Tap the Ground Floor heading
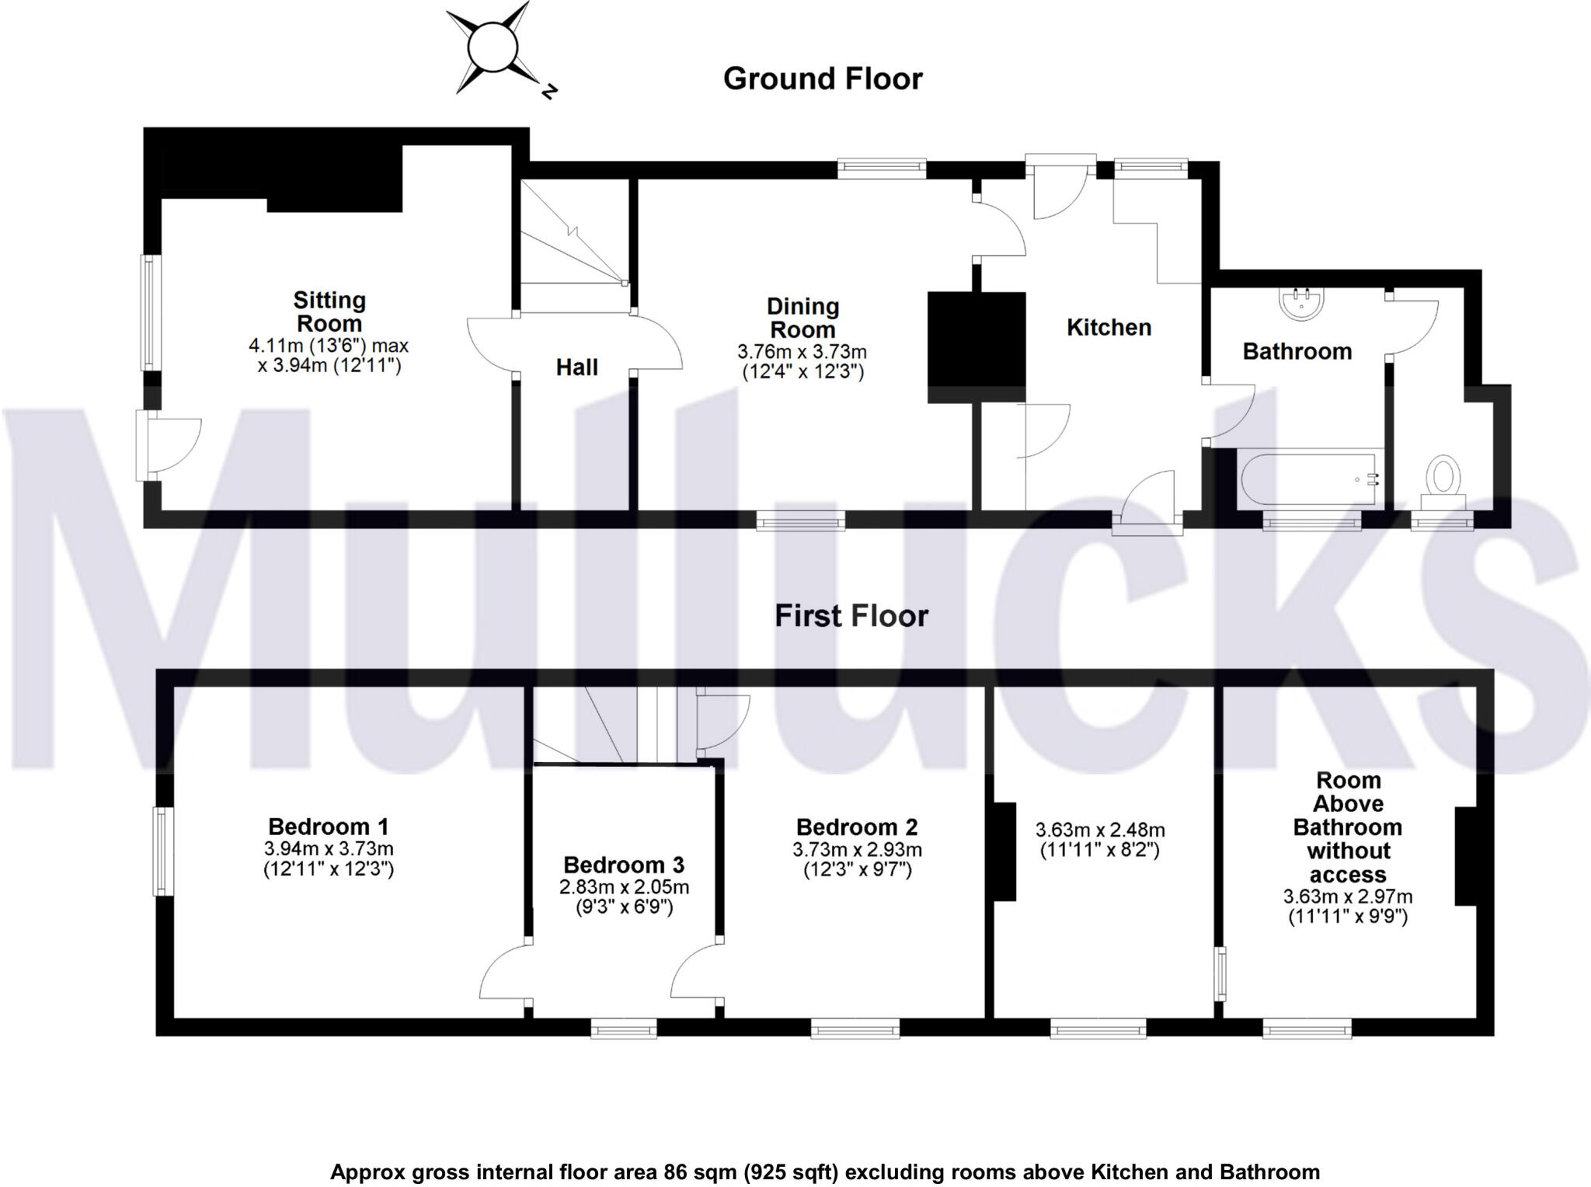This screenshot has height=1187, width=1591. (822, 79)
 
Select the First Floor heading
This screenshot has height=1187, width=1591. (851, 616)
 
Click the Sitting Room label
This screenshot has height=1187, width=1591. (329, 312)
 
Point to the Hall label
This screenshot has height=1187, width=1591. (576, 367)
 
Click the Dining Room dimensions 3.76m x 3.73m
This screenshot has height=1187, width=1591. (802, 352)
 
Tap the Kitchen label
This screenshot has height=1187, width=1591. (1109, 327)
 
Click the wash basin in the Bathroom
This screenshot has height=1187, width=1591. (1301, 304)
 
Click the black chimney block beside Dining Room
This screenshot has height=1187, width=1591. (977, 347)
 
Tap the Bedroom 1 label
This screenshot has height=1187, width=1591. (328, 827)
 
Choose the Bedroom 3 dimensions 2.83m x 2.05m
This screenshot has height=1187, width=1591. (624, 887)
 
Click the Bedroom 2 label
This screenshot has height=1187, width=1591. (857, 827)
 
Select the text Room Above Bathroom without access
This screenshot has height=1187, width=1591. (1347, 827)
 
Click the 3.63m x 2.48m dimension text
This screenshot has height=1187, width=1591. (1099, 830)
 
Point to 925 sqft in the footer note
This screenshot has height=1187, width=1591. (792, 1171)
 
